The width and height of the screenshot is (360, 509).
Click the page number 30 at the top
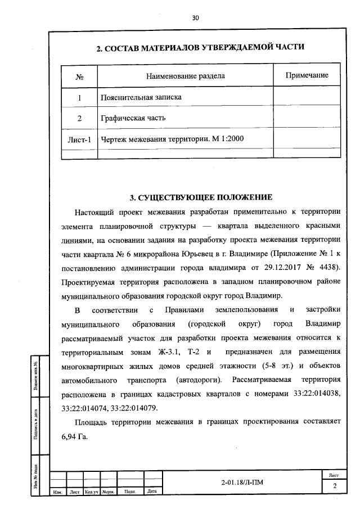(x=195, y=17)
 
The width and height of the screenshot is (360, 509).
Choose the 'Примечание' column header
(x=307, y=75)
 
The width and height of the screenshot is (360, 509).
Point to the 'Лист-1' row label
(x=79, y=139)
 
